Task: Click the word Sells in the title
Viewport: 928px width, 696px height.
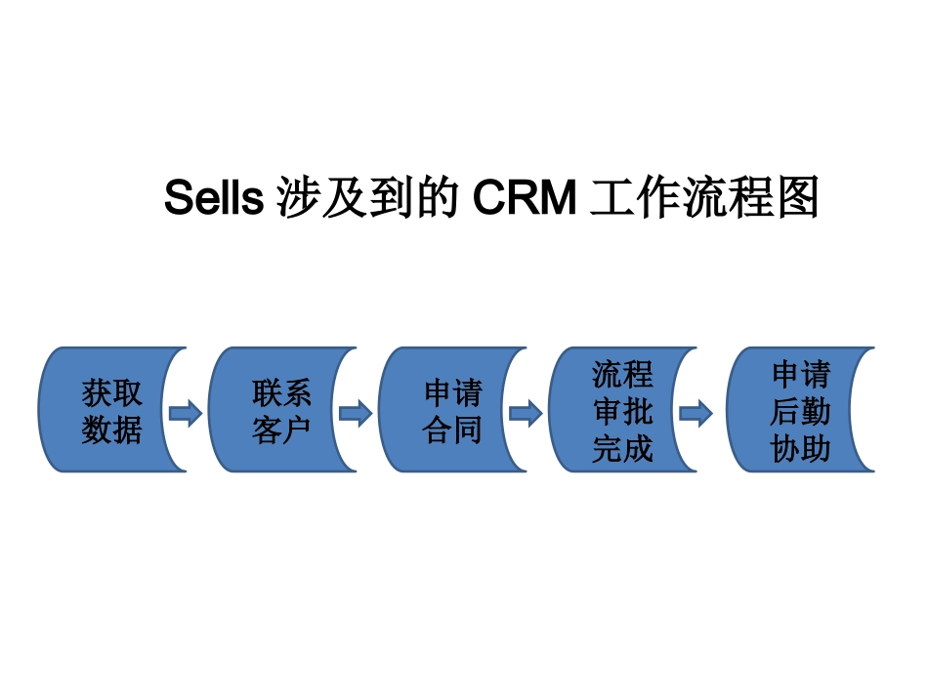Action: pyautogui.click(x=213, y=199)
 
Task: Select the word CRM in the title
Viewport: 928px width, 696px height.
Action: pyautogui.click(x=525, y=199)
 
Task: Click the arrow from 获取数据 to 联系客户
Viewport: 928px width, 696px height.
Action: pyautogui.click(x=186, y=413)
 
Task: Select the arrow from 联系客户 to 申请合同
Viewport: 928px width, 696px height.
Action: pyautogui.click(x=356, y=413)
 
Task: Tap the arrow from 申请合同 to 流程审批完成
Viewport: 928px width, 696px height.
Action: pyautogui.click(x=526, y=413)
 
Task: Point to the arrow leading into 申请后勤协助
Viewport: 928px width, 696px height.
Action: pyautogui.click(x=696, y=413)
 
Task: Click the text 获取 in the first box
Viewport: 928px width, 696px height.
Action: pyautogui.click(x=111, y=394)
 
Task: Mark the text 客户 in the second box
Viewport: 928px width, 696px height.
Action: pyautogui.click(x=281, y=430)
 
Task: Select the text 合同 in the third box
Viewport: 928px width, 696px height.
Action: pyautogui.click(x=452, y=430)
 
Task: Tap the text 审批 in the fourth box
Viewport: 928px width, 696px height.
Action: pyautogui.click(x=622, y=412)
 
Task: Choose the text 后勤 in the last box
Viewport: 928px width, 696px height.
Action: pyautogui.click(x=800, y=412)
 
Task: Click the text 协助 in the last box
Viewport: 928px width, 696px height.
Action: pyautogui.click(x=800, y=449)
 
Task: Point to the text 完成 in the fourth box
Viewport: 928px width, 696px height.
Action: pyautogui.click(x=622, y=449)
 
